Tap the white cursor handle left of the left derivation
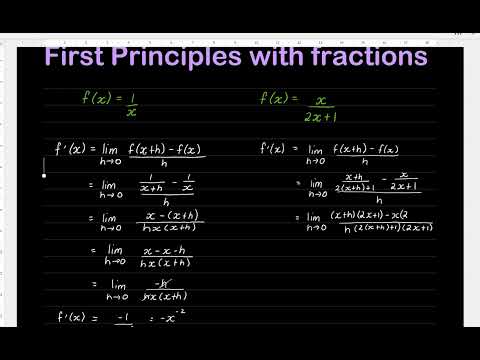[x=43, y=173]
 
